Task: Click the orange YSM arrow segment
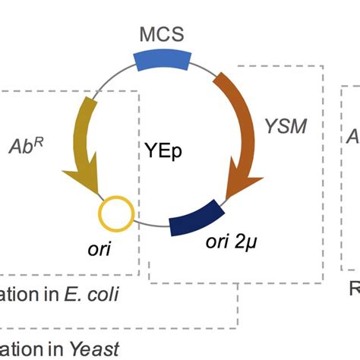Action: pyautogui.click(x=240, y=125)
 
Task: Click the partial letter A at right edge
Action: pyautogui.click(x=353, y=137)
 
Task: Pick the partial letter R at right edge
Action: pyautogui.click(x=354, y=289)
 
